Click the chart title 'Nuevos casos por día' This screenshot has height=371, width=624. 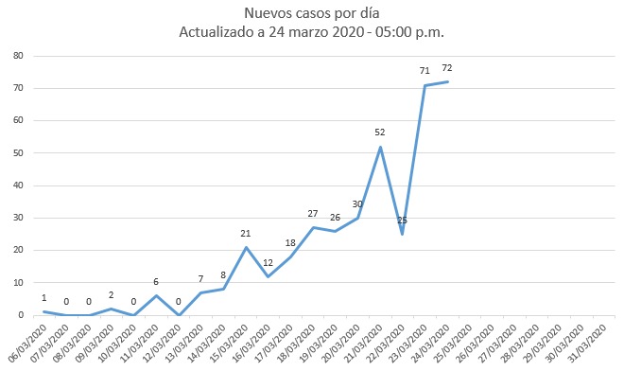click(x=312, y=13)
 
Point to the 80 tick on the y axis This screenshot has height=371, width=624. click(x=18, y=56)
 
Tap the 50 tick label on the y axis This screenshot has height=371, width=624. click(x=18, y=153)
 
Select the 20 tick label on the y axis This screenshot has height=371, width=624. click(x=18, y=250)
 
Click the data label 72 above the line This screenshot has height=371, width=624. click(x=446, y=68)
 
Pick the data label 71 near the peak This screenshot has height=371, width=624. click(x=425, y=71)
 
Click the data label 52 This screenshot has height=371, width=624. click(x=380, y=132)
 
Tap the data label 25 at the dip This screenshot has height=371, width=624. click(x=402, y=221)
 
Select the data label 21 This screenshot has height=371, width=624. click(x=246, y=233)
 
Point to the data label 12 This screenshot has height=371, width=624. click(x=269, y=262)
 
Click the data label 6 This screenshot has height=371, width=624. click(x=157, y=281)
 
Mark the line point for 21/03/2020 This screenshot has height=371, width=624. click(x=380, y=147)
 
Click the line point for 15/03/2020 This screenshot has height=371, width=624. click(x=246, y=247)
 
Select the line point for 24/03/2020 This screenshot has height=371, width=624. click(x=446, y=81)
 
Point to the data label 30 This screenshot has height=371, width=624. click(x=357, y=203)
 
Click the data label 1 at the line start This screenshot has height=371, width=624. click(x=44, y=297)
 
